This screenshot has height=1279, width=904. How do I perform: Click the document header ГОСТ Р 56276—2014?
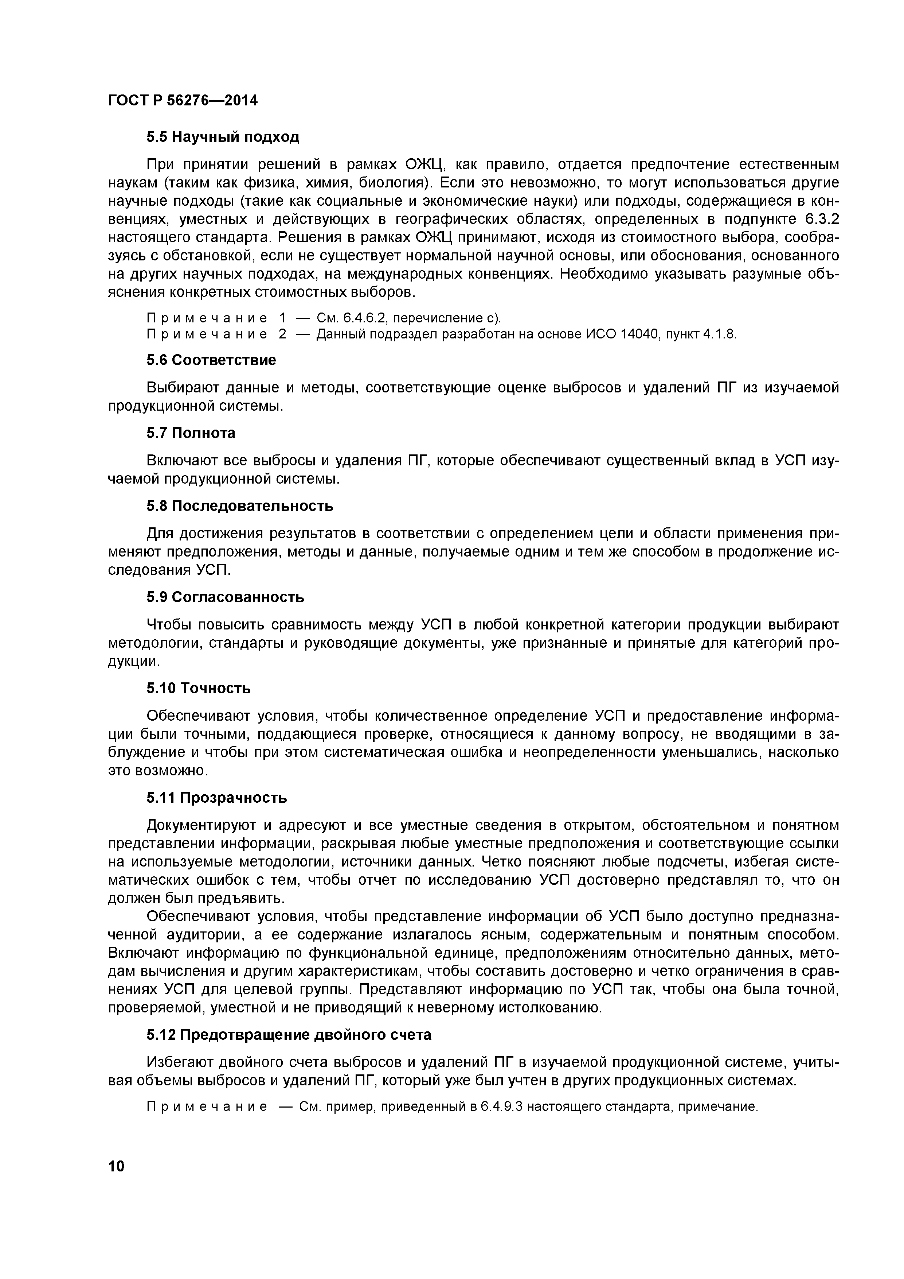click(183, 101)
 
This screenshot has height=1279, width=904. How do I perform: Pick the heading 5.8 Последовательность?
click(240, 506)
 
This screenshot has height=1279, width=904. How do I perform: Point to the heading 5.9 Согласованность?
click(226, 597)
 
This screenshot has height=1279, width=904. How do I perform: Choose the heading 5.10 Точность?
click(199, 689)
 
